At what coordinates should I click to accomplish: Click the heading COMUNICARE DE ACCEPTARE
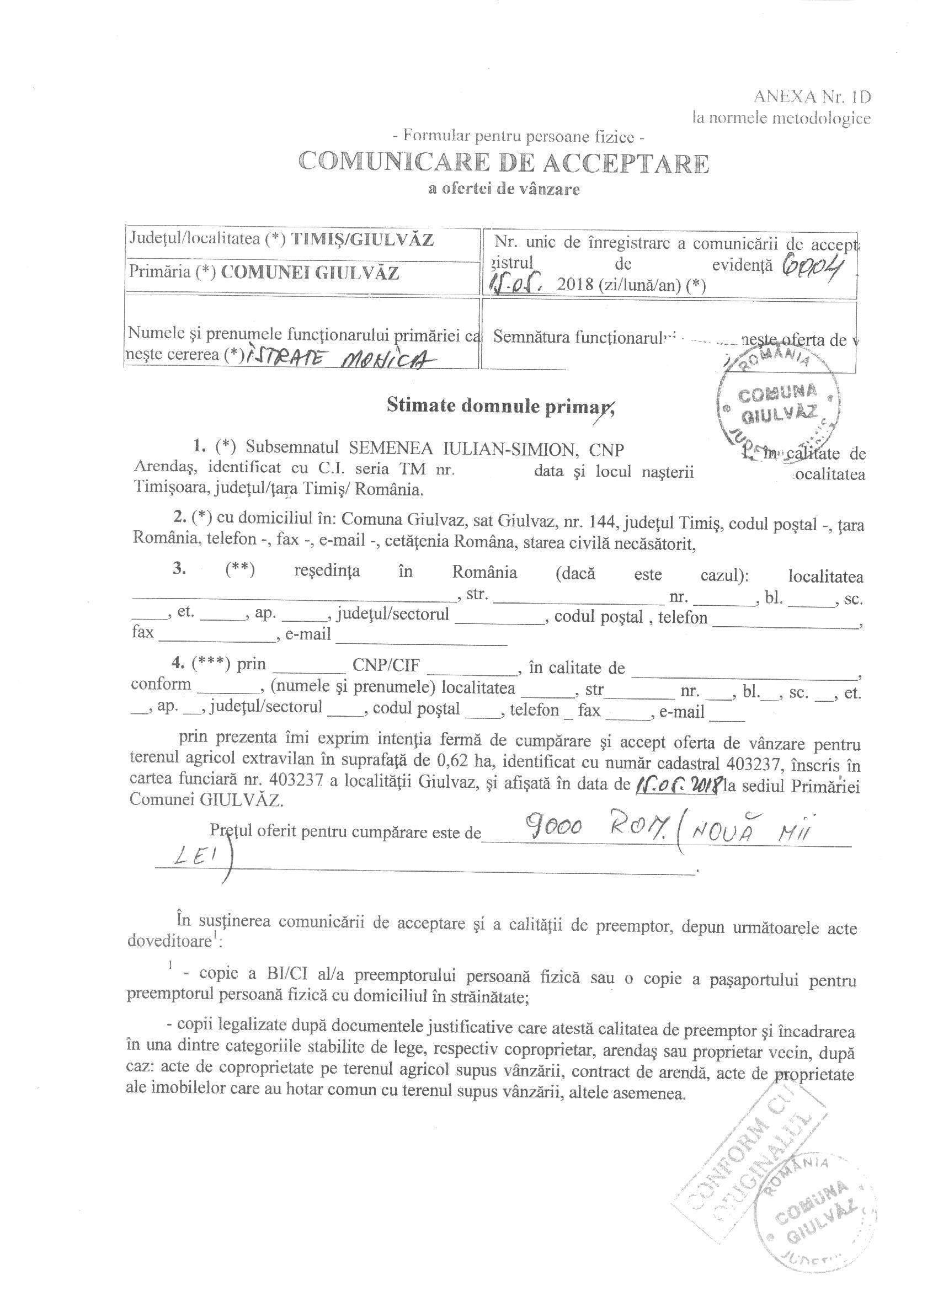pyautogui.click(x=504, y=163)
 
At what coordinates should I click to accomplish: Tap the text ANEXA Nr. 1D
pyautogui.click(x=812, y=96)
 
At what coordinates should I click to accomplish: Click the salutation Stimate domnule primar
pyautogui.click(x=500, y=405)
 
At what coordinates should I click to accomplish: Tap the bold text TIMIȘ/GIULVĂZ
pyautogui.click(x=363, y=239)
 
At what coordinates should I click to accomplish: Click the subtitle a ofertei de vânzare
pyautogui.click(x=504, y=190)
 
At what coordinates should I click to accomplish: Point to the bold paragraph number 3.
pyautogui.click(x=180, y=569)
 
